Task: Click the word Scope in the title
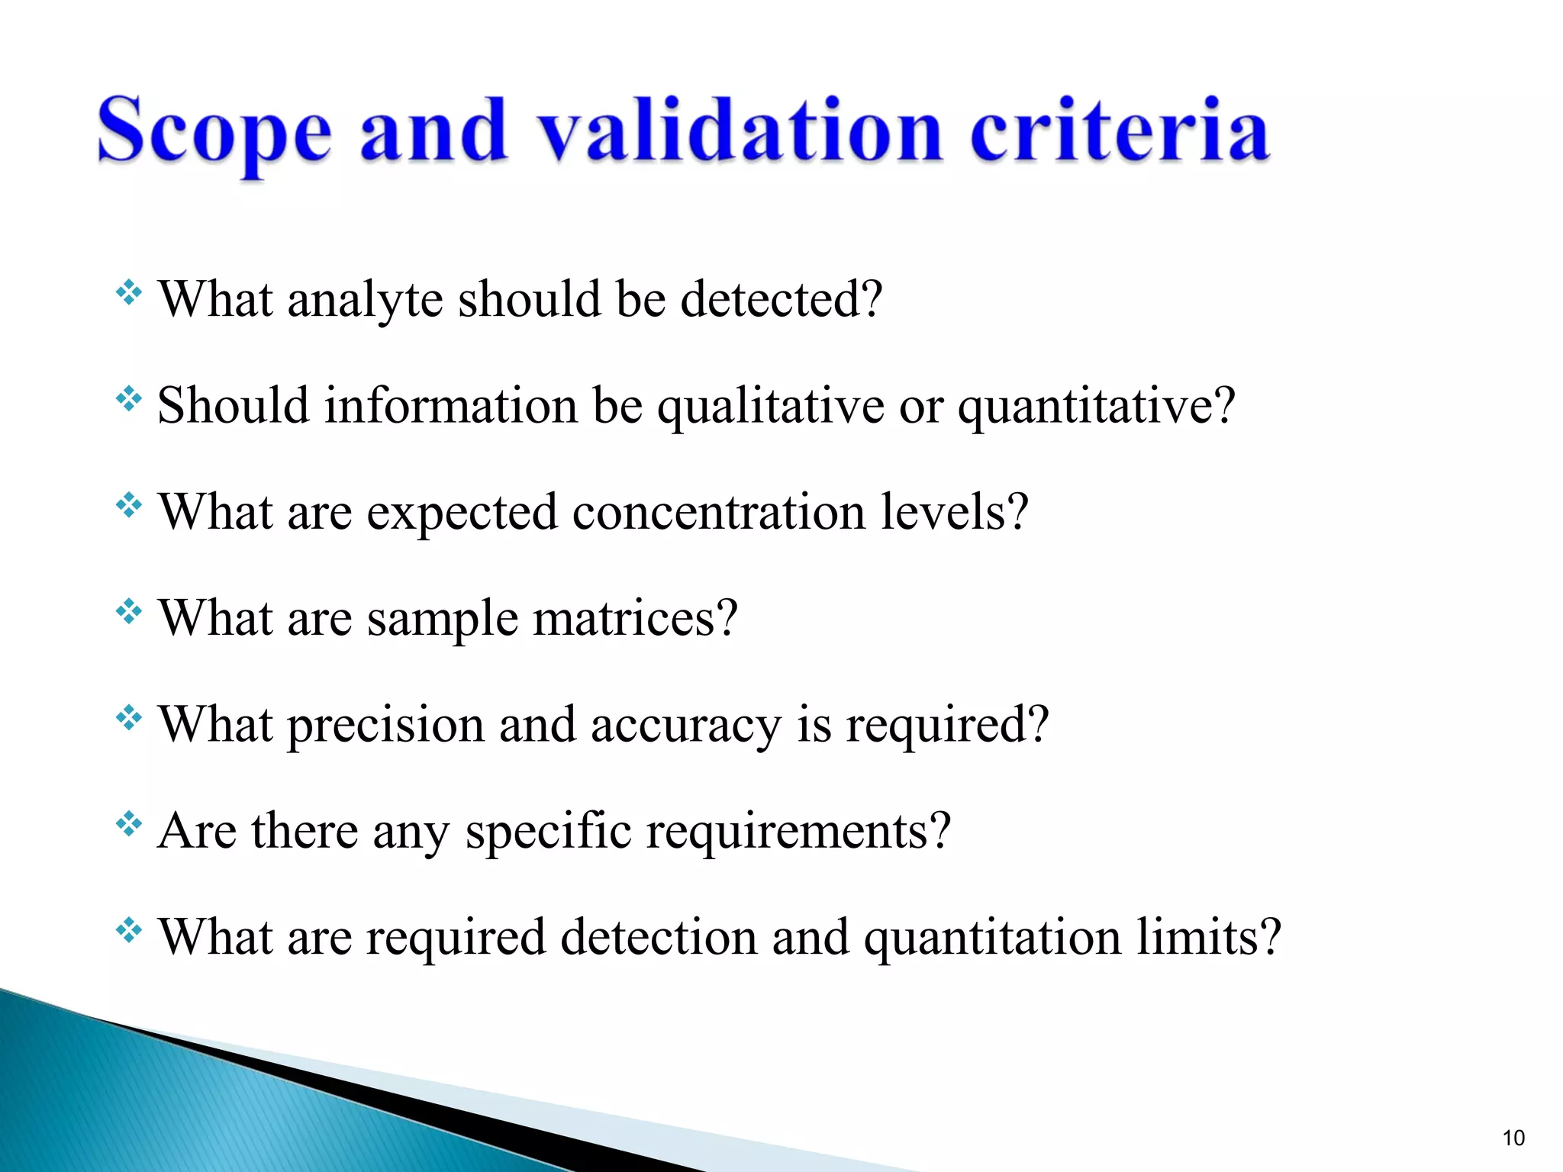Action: (214, 131)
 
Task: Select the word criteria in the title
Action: (1119, 131)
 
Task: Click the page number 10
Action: (1513, 1138)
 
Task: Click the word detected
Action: (781, 299)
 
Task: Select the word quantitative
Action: (1096, 406)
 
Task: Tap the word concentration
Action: (719, 512)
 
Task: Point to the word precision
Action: (385, 725)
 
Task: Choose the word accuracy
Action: (685, 725)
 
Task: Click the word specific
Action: (548, 831)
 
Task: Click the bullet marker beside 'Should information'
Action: (129, 399)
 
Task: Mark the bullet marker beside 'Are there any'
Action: (129, 824)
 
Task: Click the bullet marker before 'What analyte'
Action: (129, 293)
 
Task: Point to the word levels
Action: (954, 512)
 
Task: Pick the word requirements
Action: (798, 831)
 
